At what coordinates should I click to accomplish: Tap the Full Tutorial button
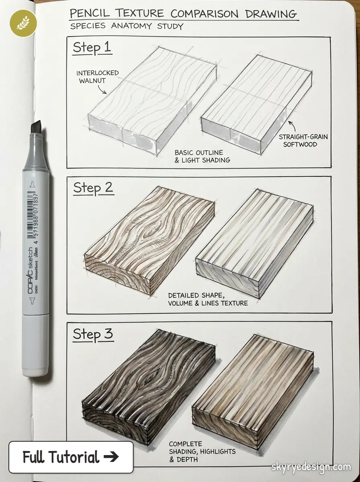pos(71,457)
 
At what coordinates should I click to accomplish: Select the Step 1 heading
pos(92,48)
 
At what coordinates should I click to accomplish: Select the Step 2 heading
pos(93,188)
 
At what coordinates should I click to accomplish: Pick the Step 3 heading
pos(93,334)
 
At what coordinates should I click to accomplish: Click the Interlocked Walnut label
pos(98,77)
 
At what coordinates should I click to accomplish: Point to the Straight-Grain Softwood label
pos(303,140)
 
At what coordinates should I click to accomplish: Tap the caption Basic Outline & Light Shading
pos(202,156)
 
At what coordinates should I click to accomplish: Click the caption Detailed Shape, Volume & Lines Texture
pos(208,299)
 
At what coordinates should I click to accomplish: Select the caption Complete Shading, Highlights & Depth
pos(202,451)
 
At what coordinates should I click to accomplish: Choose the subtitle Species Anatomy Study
pos(126,27)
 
